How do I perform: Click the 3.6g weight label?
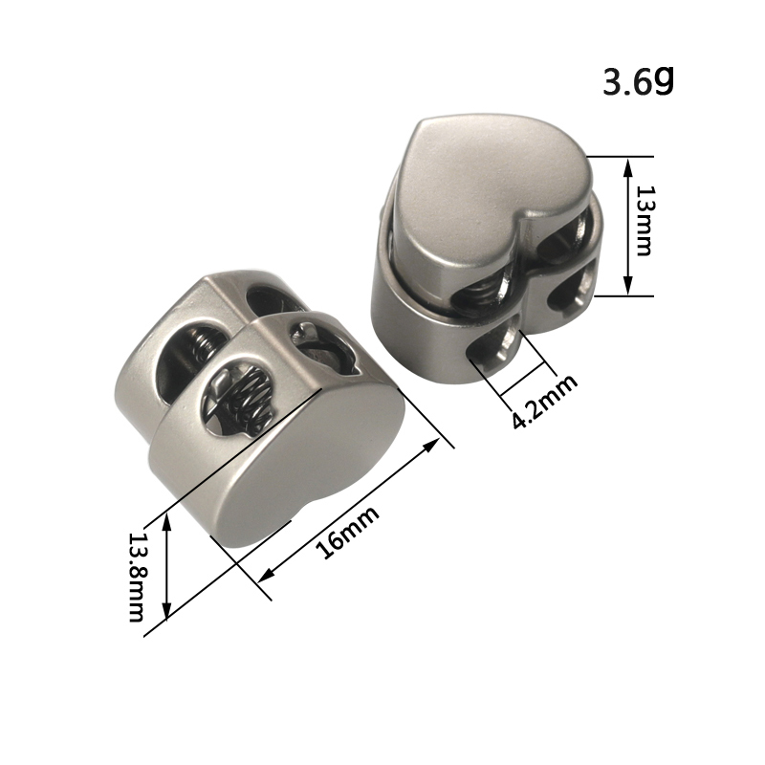[638, 81]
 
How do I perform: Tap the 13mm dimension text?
[644, 221]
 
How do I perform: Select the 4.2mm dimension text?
[544, 402]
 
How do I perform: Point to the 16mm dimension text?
[347, 532]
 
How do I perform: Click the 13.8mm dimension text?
[136, 577]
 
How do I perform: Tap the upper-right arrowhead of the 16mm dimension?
[431, 445]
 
